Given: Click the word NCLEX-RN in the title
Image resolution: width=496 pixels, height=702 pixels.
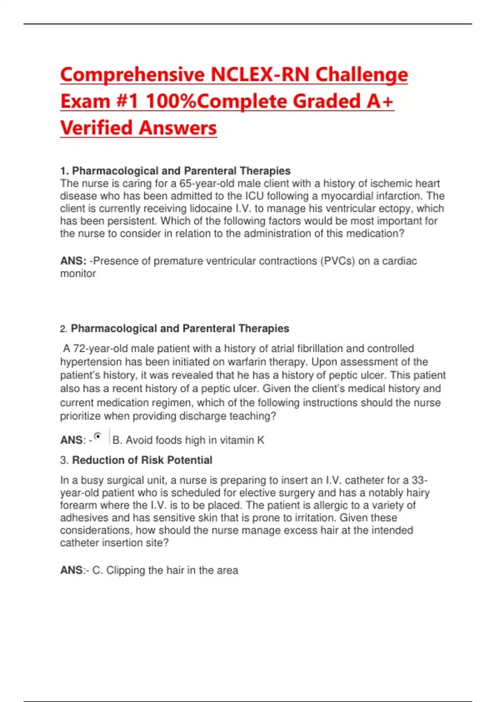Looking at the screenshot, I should [x=260, y=75].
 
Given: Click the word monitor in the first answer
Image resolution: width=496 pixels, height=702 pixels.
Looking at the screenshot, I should [x=78, y=273].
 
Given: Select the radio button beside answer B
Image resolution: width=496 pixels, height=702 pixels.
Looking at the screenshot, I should [x=98, y=436].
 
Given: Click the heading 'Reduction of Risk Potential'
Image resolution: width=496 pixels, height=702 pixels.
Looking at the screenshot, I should [x=142, y=460].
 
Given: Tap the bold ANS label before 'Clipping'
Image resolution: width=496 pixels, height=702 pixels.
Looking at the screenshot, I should [x=71, y=570].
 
